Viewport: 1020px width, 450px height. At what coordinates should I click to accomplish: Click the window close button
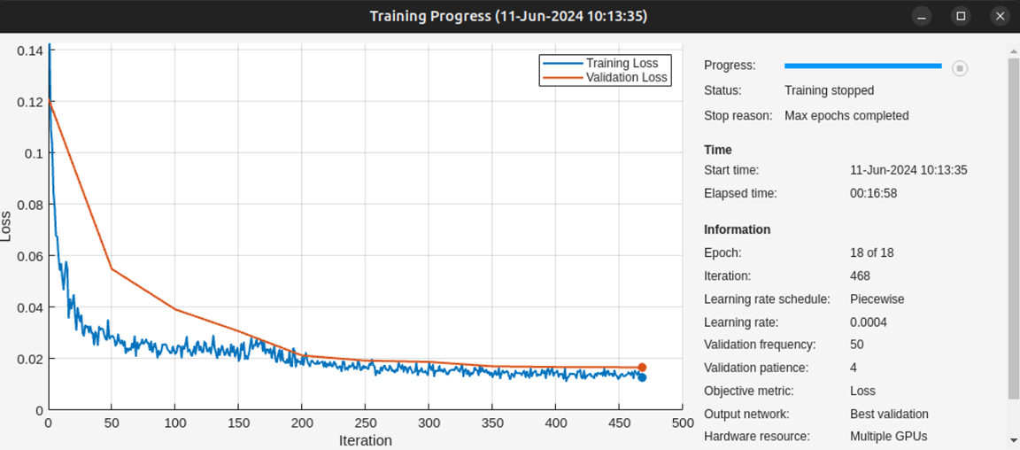point(1000,16)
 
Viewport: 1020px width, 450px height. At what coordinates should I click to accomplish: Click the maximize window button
point(961,16)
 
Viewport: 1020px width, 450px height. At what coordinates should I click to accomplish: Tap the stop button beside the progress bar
point(959,68)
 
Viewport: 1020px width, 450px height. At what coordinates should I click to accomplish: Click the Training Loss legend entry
point(622,64)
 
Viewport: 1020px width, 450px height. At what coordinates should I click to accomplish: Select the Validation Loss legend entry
point(626,78)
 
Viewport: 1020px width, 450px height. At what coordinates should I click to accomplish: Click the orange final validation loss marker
point(642,368)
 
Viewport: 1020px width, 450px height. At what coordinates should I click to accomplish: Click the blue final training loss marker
point(642,377)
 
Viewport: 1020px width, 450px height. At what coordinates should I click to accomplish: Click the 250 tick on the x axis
point(365,423)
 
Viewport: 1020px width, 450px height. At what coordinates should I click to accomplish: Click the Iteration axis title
point(365,440)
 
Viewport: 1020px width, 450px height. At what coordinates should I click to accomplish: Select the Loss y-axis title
point(6,227)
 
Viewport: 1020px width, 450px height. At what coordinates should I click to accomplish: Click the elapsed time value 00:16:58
point(873,193)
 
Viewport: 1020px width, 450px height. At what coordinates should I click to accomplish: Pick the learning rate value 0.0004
point(869,322)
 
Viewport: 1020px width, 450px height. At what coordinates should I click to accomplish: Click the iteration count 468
point(860,276)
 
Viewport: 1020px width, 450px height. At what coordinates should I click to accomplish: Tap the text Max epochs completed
point(846,115)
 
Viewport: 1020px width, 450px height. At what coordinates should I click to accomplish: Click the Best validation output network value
point(889,414)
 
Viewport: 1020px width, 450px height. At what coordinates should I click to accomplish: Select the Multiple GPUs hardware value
point(888,437)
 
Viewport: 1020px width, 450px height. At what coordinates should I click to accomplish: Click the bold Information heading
point(737,229)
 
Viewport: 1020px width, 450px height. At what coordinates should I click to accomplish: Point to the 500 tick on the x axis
point(682,423)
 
